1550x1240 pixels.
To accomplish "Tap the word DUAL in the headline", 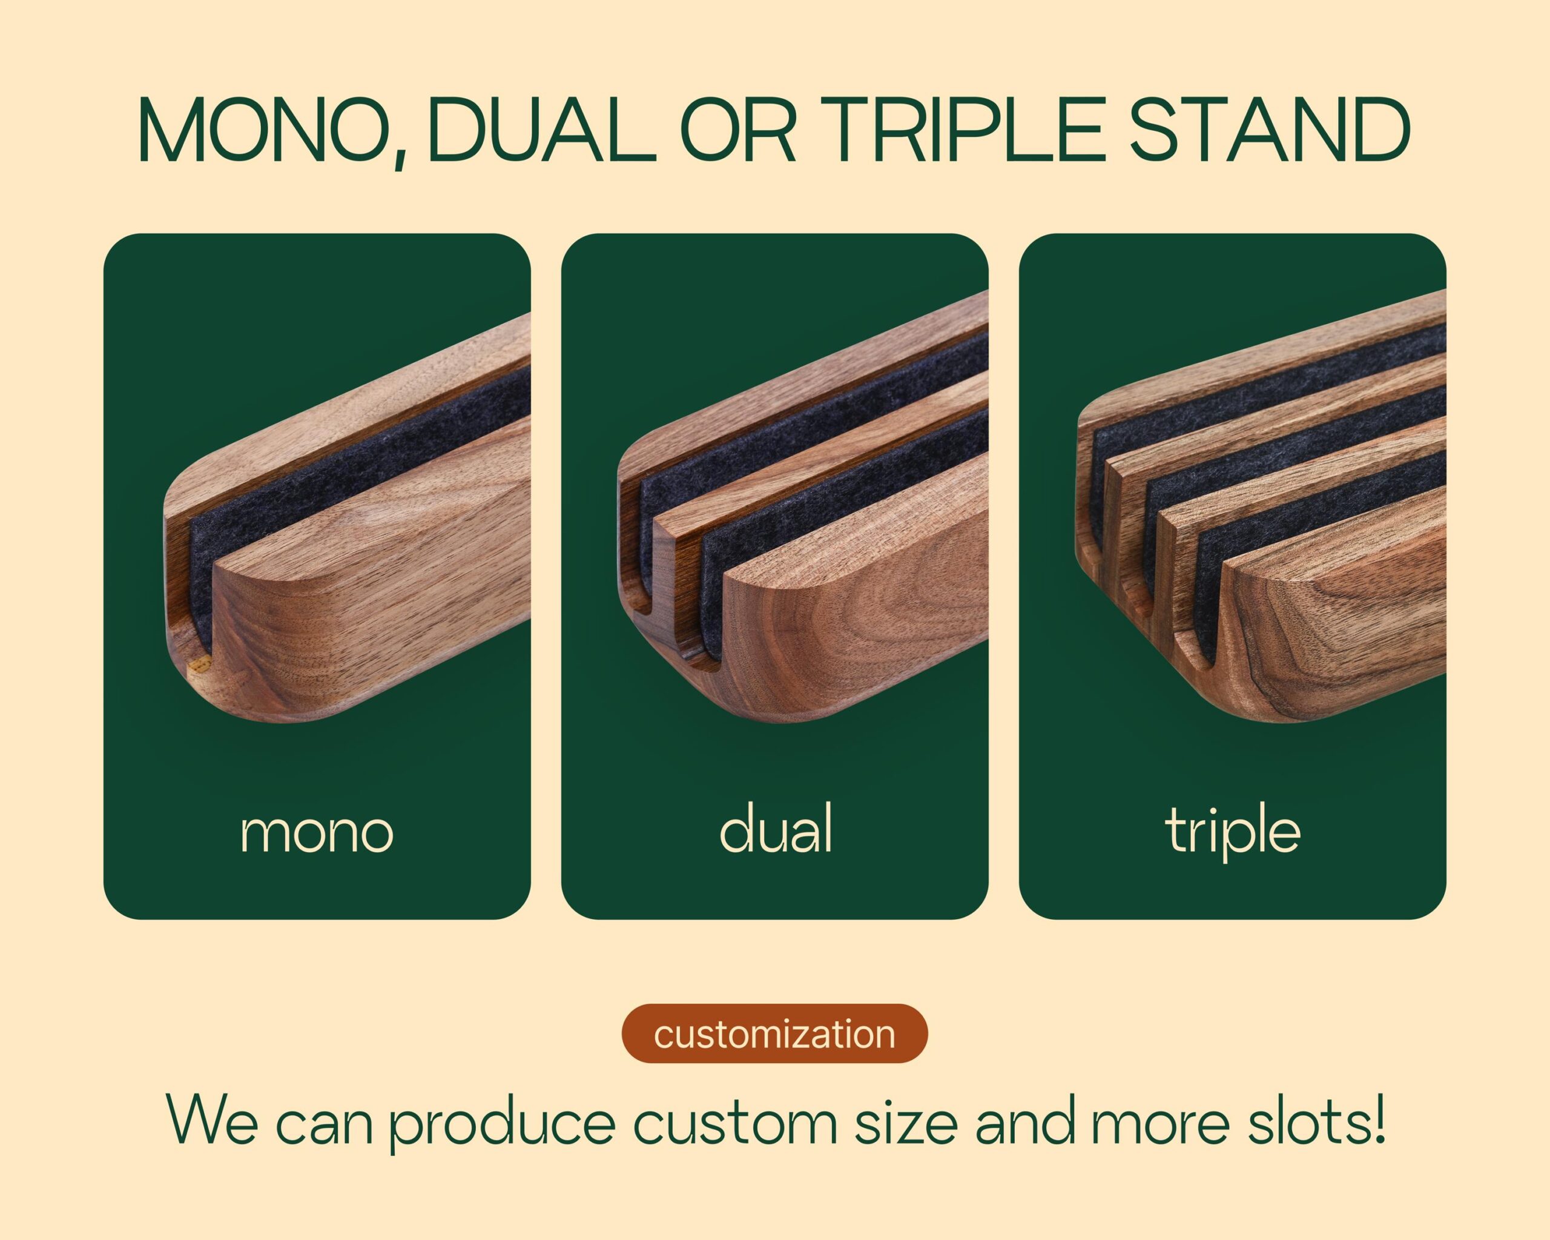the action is [541, 131].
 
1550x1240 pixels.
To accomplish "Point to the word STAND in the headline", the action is [1270, 131].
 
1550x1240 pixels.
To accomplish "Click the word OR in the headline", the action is [737, 131].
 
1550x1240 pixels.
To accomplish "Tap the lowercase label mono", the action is [317, 832].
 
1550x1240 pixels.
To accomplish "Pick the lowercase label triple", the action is [1233, 833].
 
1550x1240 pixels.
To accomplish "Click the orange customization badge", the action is [775, 1034].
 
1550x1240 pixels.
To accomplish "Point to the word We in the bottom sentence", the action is [211, 1121].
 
